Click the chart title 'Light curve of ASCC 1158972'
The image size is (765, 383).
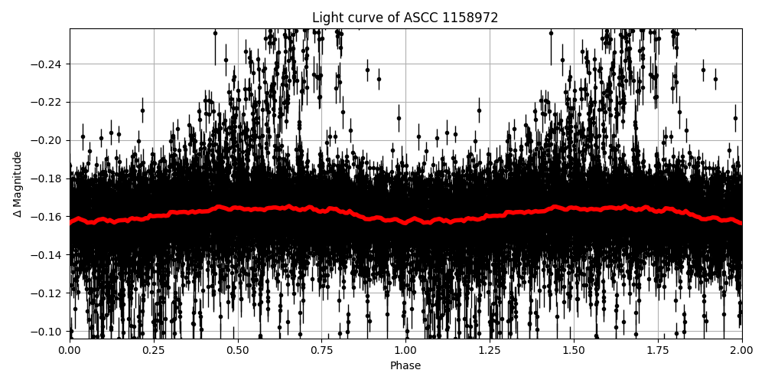coord(405,18)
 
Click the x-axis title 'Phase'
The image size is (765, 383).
coord(405,366)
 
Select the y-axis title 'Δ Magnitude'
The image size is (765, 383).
coord(18,184)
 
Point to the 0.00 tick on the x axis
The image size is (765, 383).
coord(70,351)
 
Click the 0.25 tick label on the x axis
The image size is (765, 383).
coord(154,351)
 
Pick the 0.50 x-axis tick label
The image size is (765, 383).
coord(238,351)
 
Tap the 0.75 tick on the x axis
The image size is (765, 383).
coord(322,351)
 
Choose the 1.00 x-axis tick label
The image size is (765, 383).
coord(405,351)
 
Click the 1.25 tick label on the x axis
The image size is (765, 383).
coord(490,351)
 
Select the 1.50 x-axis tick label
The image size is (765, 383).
coord(574,351)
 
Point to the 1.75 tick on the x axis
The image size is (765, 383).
coord(658,351)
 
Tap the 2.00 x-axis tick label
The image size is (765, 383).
coord(741,351)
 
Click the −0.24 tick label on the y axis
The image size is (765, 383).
coord(47,64)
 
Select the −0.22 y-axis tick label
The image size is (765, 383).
coord(47,102)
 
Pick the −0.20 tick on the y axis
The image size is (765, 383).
coord(47,140)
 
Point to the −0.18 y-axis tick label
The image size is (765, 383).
coord(47,178)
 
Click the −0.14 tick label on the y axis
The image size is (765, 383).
coord(47,255)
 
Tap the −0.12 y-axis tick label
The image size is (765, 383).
coord(47,293)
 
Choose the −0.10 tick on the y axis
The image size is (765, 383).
coord(47,332)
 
